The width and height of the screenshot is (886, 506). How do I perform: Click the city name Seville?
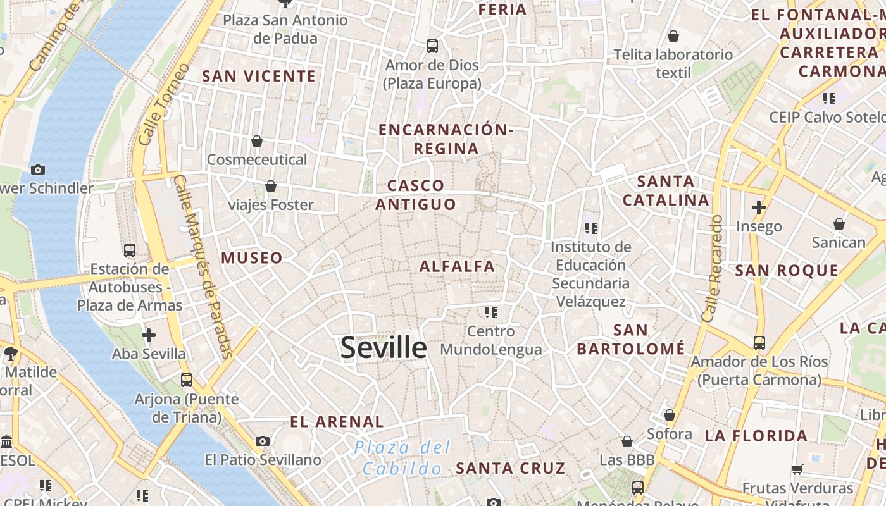[384, 348]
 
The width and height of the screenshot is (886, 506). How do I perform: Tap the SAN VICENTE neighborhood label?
[258, 77]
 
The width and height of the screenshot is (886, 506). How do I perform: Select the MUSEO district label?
[251, 258]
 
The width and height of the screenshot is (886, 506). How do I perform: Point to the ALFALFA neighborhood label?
[457, 266]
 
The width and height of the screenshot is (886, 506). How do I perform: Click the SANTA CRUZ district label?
[510, 469]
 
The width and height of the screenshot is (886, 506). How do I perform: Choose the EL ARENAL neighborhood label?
[337, 422]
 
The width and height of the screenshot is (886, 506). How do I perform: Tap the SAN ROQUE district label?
[787, 271]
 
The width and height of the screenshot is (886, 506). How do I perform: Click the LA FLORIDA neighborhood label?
[756, 436]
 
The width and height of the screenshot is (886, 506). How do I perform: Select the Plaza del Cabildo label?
[402, 457]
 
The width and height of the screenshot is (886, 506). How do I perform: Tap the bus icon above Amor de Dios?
[432, 46]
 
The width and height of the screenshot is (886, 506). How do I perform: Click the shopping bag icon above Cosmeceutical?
[257, 140]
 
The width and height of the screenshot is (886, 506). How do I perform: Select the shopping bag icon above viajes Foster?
[271, 186]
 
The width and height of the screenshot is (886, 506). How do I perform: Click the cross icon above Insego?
[758, 207]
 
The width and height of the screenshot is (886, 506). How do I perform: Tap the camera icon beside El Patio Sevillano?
[263, 441]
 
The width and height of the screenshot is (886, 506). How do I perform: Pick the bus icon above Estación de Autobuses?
[130, 250]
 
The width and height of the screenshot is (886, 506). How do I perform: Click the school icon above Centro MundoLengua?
[490, 312]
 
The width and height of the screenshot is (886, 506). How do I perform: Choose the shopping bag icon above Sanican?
[839, 224]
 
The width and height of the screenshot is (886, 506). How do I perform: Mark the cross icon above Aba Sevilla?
[149, 335]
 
